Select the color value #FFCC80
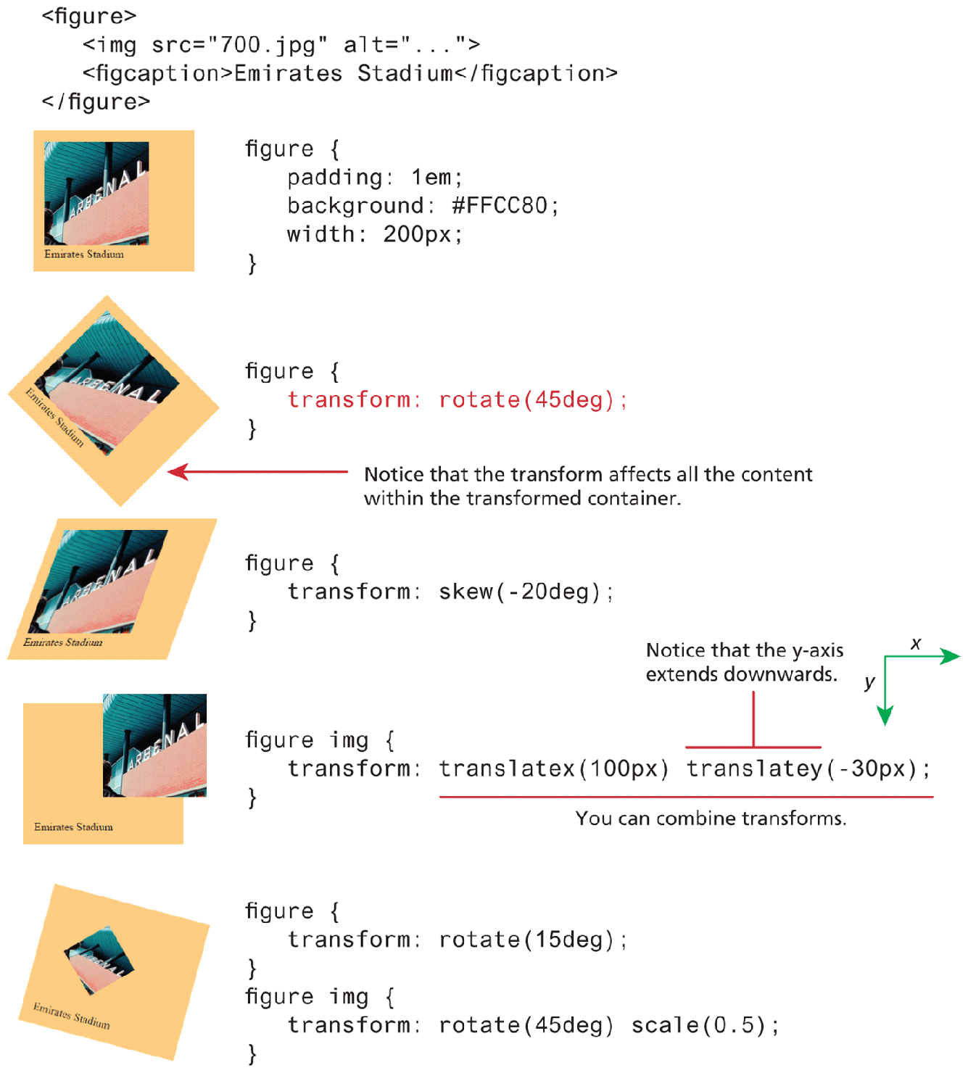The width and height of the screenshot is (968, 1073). [x=500, y=206]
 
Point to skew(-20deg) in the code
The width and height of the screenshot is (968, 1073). [x=519, y=592]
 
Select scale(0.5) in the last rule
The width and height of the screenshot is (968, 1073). [x=698, y=1025]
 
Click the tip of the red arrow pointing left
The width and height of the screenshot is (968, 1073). [x=170, y=472]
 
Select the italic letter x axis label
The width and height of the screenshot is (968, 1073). [x=916, y=643]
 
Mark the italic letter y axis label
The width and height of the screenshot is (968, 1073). [x=869, y=682]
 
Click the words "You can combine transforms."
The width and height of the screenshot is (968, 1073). [x=711, y=819]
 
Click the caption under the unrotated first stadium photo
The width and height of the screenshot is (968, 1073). [x=84, y=254]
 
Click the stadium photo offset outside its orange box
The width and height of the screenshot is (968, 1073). [x=154, y=745]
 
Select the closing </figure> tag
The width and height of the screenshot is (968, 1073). [x=96, y=101]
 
